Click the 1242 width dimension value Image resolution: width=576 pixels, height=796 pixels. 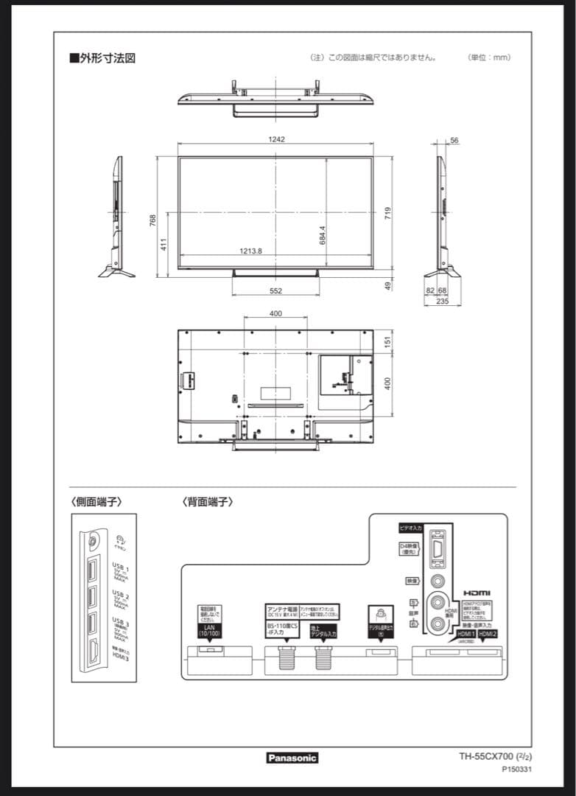(276, 139)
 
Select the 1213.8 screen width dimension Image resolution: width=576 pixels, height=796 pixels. (251, 251)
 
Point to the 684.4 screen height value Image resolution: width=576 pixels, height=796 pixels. (323, 235)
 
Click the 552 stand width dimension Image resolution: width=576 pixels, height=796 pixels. (275, 291)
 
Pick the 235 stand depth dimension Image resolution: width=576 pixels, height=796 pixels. (443, 301)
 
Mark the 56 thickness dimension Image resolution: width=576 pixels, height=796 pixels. (454, 140)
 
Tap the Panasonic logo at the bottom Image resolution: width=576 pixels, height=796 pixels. (292, 758)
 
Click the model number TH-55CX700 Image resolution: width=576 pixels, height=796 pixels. (485, 756)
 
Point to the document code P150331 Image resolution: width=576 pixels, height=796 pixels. (516, 769)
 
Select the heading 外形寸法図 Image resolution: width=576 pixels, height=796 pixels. (102, 57)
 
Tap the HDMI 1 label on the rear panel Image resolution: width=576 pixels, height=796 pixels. (466, 634)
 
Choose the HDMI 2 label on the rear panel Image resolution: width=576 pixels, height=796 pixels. (488, 634)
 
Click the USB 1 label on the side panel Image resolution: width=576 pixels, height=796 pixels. (121, 569)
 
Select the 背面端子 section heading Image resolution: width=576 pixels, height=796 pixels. (208, 502)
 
